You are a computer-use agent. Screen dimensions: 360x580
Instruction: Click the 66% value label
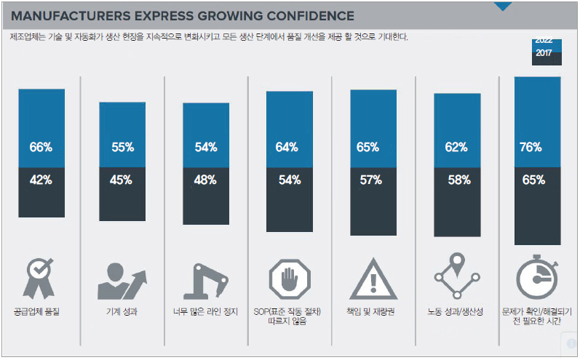pos(41,148)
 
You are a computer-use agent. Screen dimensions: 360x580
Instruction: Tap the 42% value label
pos(41,180)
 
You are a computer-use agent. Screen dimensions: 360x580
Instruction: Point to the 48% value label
pos(206,180)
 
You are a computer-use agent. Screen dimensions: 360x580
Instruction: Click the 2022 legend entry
pos(543,42)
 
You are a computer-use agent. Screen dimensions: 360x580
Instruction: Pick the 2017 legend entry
pos(543,53)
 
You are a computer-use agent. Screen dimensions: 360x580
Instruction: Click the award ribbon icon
pos(40,279)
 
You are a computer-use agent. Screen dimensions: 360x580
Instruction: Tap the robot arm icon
pos(206,279)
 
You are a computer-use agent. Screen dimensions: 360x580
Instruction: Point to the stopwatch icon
pos(536,279)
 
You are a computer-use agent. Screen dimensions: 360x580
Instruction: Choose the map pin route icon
pos(457,279)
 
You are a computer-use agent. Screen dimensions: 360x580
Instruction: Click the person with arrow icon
pos(122,279)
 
